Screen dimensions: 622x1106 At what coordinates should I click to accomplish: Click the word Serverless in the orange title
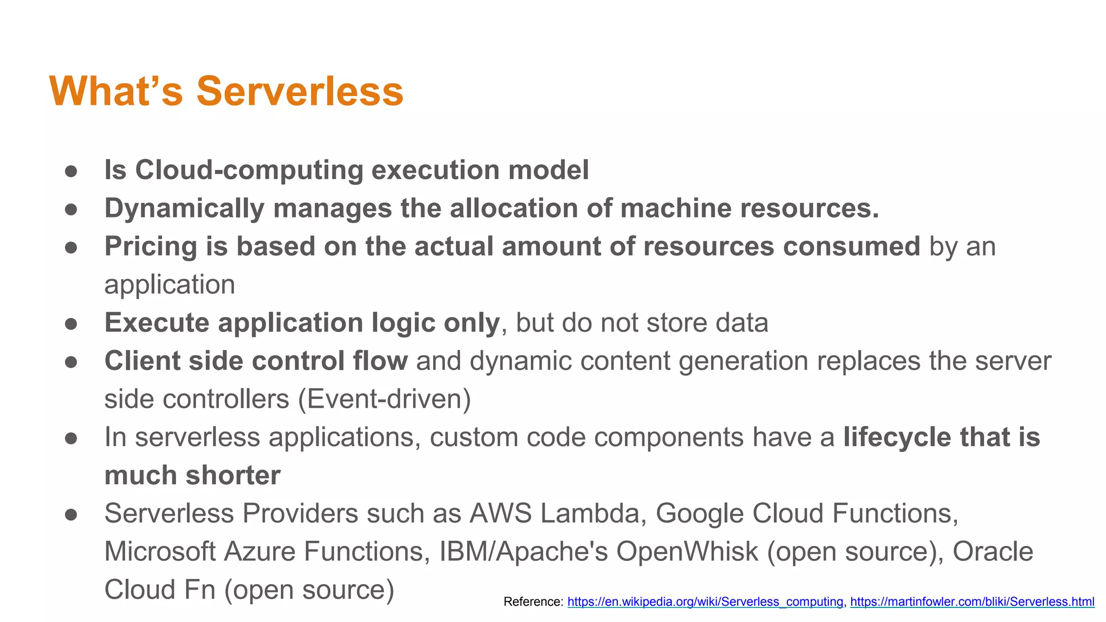pos(300,92)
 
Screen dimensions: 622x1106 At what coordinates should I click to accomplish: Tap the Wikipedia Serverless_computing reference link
pos(705,601)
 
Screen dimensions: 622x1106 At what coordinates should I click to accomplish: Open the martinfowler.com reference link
pos(972,601)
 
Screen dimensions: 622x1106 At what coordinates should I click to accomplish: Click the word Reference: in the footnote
pos(533,601)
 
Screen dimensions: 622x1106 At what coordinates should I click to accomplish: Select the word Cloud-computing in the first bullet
pos(248,171)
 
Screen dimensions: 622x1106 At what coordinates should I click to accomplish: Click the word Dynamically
pos(184,209)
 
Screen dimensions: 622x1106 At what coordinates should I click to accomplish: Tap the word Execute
pos(157,323)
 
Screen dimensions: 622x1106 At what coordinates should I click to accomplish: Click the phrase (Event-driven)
pos(385,400)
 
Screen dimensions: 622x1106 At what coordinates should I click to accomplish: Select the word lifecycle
pos(897,437)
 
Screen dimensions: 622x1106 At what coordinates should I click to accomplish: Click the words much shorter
pos(192,476)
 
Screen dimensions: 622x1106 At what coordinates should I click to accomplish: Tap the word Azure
pos(259,552)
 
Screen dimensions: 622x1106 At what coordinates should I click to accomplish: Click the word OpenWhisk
pos(687,552)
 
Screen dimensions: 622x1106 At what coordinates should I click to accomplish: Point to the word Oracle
pos(993,552)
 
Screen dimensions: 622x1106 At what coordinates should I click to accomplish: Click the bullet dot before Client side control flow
pos(71,362)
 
